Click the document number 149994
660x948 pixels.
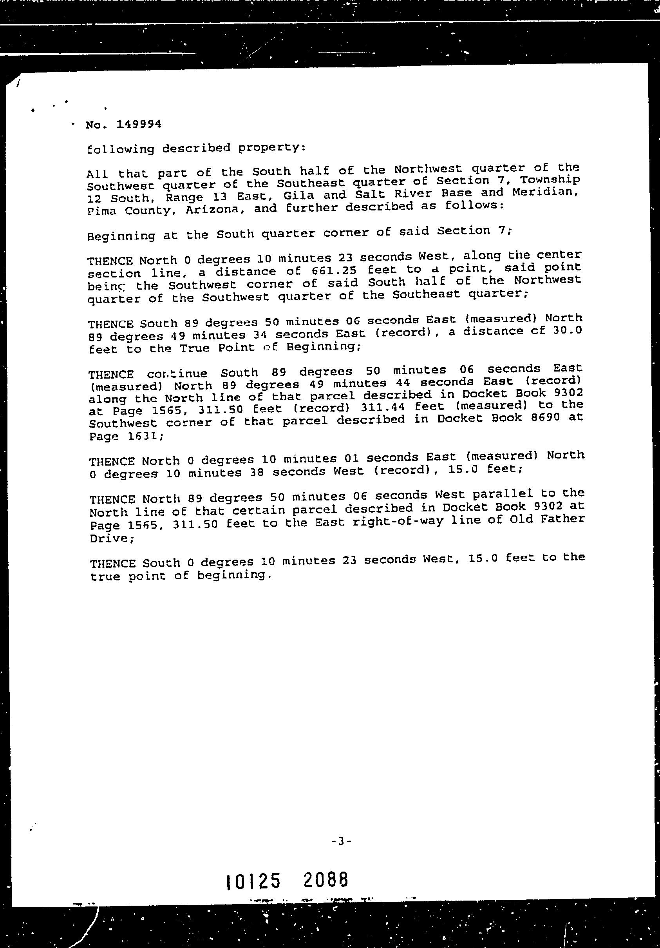coord(139,124)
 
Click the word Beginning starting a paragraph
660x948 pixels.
coord(121,236)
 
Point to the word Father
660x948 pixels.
coord(564,518)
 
